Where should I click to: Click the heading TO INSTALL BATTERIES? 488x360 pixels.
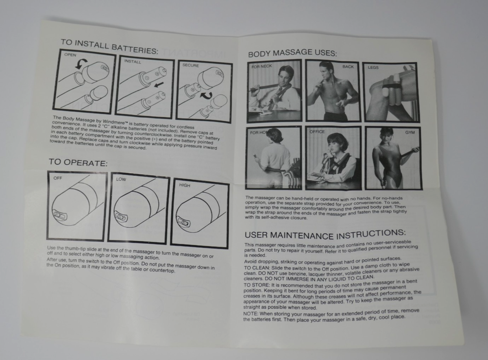pos(109,46)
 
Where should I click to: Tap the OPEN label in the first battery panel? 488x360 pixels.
pos(70,55)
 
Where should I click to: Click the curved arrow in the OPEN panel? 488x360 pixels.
pos(81,63)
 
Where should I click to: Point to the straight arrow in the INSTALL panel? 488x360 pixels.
pos(159,84)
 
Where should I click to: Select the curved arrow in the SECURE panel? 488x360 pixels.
pos(206,95)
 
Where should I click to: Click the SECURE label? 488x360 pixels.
pos(191,65)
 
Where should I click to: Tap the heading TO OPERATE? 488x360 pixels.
pos(78,162)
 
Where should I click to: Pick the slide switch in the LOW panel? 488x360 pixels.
pos(120,216)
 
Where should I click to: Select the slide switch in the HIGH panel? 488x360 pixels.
pos(183,222)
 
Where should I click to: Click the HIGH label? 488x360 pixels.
pos(185,185)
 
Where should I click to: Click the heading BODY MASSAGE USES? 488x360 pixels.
pos(292,53)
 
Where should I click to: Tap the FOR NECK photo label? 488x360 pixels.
pos(261,66)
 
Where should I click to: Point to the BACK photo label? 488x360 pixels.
pos(348,67)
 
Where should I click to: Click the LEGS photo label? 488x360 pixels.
pos(373,68)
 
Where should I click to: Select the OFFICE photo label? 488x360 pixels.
pos(317,132)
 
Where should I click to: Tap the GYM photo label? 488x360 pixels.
pos(410,132)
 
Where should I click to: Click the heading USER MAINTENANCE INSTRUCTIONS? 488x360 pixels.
pos(325,235)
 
